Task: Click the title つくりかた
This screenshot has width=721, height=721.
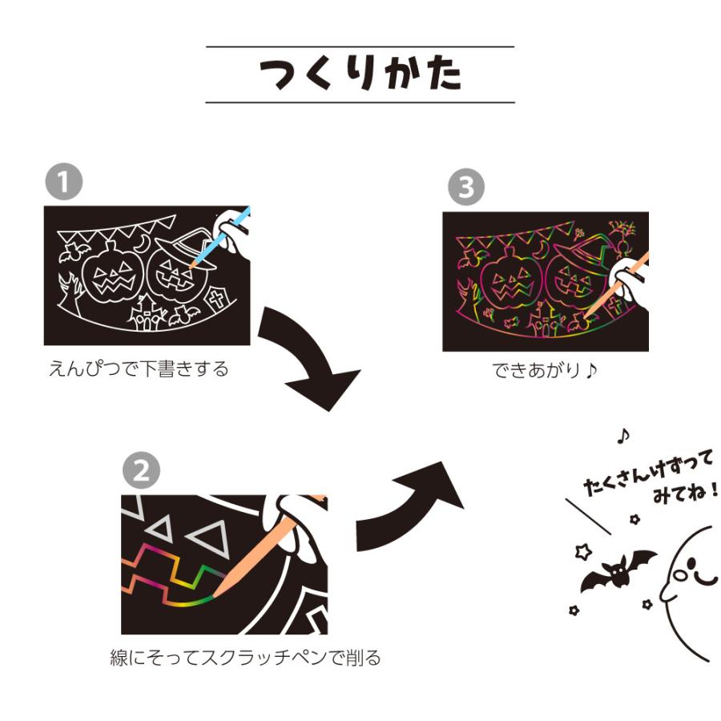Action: (x=360, y=75)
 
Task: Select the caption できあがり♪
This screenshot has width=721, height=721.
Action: (x=545, y=372)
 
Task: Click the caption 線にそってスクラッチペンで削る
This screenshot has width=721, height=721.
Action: (x=245, y=658)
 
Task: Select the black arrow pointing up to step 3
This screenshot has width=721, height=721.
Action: (x=417, y=505)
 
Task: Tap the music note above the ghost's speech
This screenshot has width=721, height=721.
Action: (x=623, y=435)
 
